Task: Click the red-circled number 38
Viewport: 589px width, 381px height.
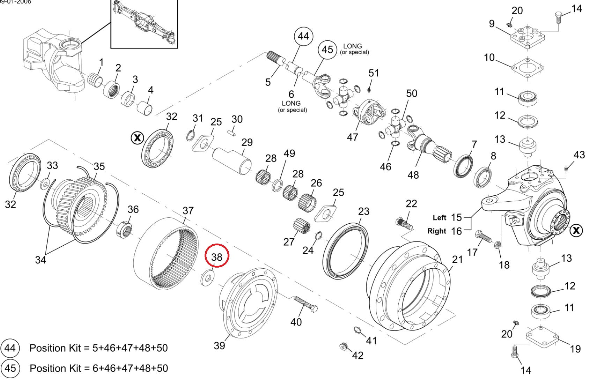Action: [216, 257]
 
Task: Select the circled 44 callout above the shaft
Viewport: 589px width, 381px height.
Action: [303, 36]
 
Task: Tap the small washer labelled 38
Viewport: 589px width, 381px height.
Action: [208, 278]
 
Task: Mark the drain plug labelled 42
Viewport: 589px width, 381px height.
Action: [344, 346]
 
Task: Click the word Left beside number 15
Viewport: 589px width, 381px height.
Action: [439, 218]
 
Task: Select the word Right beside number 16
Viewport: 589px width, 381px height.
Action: [436, 231]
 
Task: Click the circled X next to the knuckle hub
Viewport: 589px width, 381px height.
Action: [576, 230]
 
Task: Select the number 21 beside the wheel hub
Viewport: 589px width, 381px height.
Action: [457, 259]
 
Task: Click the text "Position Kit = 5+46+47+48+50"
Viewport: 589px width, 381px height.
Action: [98, 348]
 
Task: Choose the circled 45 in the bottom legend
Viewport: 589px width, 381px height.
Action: [10, 368]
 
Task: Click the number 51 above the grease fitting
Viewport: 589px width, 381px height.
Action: [373, 73]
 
